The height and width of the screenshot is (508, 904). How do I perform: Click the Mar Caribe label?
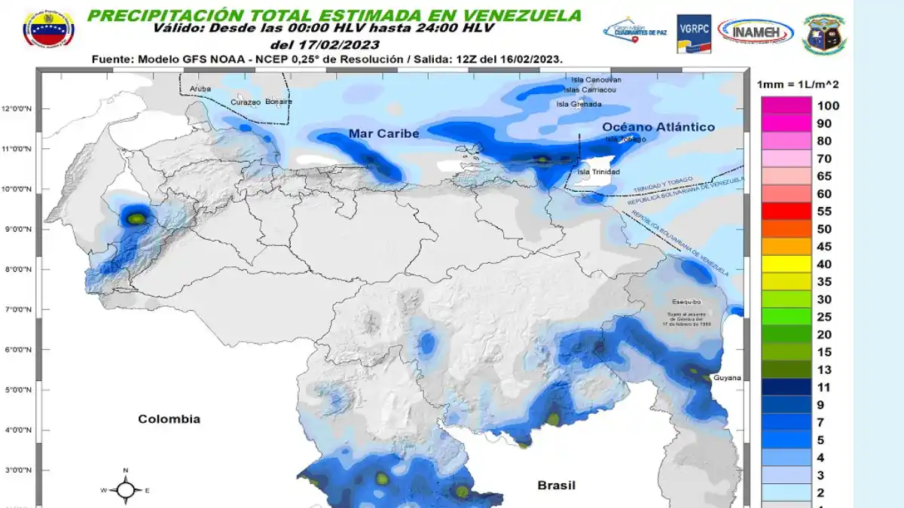coord(383,134)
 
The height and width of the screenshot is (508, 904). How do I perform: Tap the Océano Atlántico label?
coord(658,127)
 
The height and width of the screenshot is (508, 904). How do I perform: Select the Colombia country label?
coord(169,419)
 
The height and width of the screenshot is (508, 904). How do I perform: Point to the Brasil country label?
coord(556,485)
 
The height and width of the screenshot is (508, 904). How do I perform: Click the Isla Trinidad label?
coord(598,172)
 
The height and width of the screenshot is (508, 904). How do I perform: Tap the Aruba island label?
coord(200,89)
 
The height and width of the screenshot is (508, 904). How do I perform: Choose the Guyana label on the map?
coord(727,378)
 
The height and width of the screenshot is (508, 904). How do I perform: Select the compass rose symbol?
coord(126,490)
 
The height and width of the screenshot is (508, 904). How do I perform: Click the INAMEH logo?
coord(756,32)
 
